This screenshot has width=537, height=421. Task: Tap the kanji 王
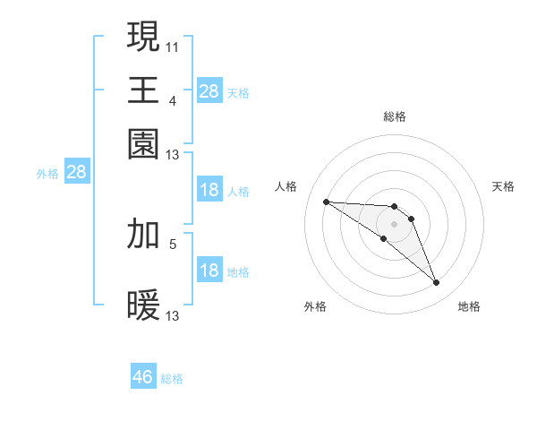tap(144, 90)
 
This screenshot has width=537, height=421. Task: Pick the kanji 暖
tap(144, 305)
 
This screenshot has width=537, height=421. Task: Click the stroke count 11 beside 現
tap(173, 46)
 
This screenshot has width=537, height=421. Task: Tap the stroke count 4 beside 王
tap(173, 101)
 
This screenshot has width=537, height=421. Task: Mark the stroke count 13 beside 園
tap(173, 155)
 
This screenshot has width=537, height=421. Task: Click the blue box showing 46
tap(143, 377)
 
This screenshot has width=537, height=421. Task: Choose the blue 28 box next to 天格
tap(209, 91)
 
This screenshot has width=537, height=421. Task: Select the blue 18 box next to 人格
tap(209, 190)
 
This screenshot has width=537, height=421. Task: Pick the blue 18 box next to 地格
tap(209, 271)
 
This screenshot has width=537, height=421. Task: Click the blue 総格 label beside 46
tap(172, 379)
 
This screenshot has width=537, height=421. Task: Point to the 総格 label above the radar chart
tap(394, 116)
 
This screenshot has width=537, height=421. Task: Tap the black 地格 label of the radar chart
tap(469, 306)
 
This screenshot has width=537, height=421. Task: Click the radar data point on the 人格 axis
tap(327, 202)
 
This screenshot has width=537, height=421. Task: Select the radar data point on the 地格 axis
tap(437, 283)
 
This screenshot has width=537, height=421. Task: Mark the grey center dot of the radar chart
tap(394, 223)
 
